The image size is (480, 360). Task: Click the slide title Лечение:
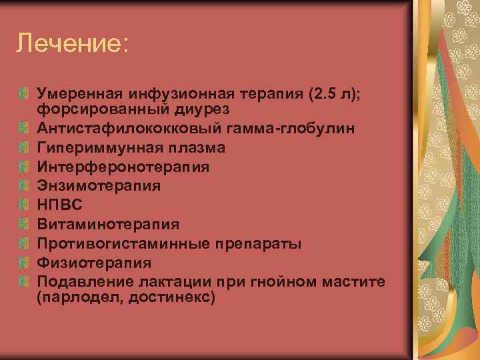(x=72, y=43)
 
